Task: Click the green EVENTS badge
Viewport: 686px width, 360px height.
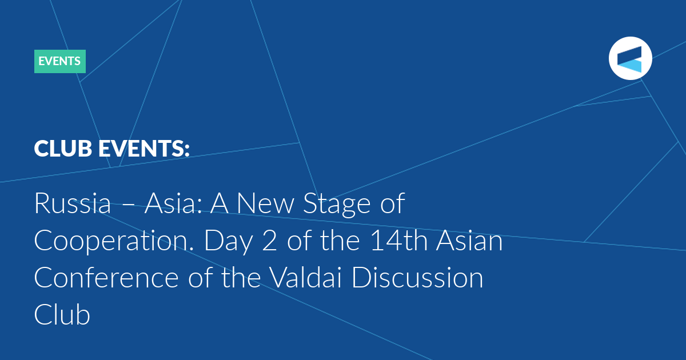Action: pyautogui.click(x=60, y=61)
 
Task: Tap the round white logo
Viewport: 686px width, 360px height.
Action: pyautogui.click(x=630, y=58)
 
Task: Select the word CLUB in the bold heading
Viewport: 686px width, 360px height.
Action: pyautogui.click(x=63, y=149)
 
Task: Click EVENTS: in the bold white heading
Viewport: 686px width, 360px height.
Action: pyautogui.click(x=144, y=149)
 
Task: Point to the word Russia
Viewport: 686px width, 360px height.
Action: pyautogui.click(x=73, y=203)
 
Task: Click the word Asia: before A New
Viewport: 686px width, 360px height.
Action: pyautogui.click(x=173, y=203)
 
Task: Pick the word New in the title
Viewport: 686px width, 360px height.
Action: pyautogui.click(x=265, y=203)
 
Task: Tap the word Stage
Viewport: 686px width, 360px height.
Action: pyautogui.click(x=337, y=205)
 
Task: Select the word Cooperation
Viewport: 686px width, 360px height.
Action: pyautogui.click(x=114, y=242)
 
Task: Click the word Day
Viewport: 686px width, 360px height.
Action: pyautogui.click(x=229, y=242)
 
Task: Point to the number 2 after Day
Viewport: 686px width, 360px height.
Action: pyautogui.click(x=269, y=241)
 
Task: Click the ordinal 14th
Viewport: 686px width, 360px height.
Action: pyautogui.click(x=399, y=241)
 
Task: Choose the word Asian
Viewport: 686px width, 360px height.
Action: pyautogui.click(x=469, y=241)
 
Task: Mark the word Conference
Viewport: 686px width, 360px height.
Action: pyautogui.click(x=106, y=278)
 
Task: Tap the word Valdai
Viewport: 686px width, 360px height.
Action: pyautogui.click(x=306, y=277)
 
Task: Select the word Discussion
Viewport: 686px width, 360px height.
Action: pyautogui.click(x=417, y=278)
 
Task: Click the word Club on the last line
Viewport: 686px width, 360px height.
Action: pyautogui.click(x=62, y=314)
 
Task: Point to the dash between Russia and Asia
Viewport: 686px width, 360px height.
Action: pyautogui.click(x=127, y=205)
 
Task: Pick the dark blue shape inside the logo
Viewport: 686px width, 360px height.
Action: pyautogui.click(x=629, y=55)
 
